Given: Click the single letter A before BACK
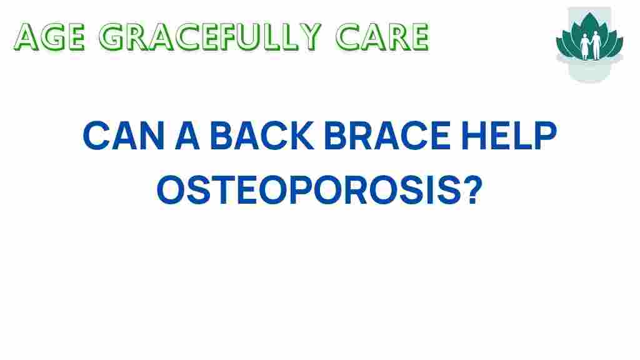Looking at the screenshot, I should coord(182,137).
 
